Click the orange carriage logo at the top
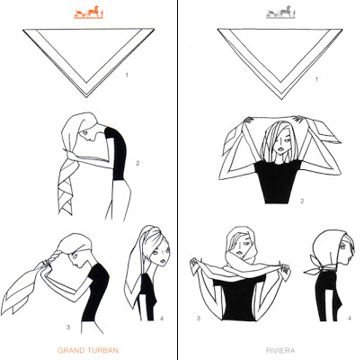point(89,13)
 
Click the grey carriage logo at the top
point(280,13)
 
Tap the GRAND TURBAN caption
point(88,350)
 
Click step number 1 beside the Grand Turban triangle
point(127,75)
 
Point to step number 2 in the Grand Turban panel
point(138,163)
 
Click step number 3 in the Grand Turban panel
point(68,327)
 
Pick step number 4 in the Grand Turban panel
point(162,319)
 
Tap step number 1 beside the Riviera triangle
point(316,79)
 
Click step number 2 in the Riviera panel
point(302,201)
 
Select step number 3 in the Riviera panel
point(199,319)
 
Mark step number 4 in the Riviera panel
point(350,319)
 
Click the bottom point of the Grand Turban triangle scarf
point(86,97)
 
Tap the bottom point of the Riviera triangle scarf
point(281,100)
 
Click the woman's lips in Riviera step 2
point(281,149)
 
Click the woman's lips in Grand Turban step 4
point(162,261)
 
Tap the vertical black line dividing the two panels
point(178,180)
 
